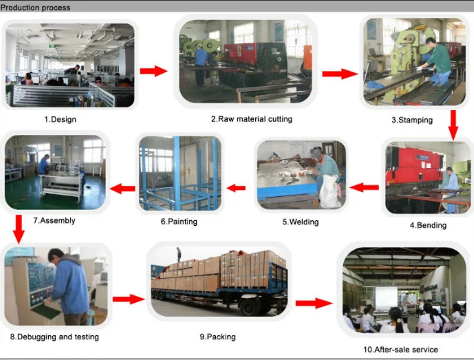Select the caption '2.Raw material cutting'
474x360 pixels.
click(251, 119)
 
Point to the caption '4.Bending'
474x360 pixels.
click(428, 225)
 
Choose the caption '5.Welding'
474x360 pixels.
click(300, 222)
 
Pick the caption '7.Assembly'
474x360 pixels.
click(54, 221)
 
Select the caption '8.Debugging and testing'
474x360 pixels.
click(54, 337)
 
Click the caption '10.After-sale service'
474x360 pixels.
click(400, 350)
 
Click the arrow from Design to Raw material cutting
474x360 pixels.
click(153, 71)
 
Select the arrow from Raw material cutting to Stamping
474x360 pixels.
click(340, 74)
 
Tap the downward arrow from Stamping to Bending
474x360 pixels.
click(453, 124)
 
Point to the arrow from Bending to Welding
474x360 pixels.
click(364, 187)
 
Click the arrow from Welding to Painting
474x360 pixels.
click(236, 187)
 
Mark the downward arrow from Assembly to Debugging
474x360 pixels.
click(19, 228)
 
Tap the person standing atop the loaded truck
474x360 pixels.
click(178, 254)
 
